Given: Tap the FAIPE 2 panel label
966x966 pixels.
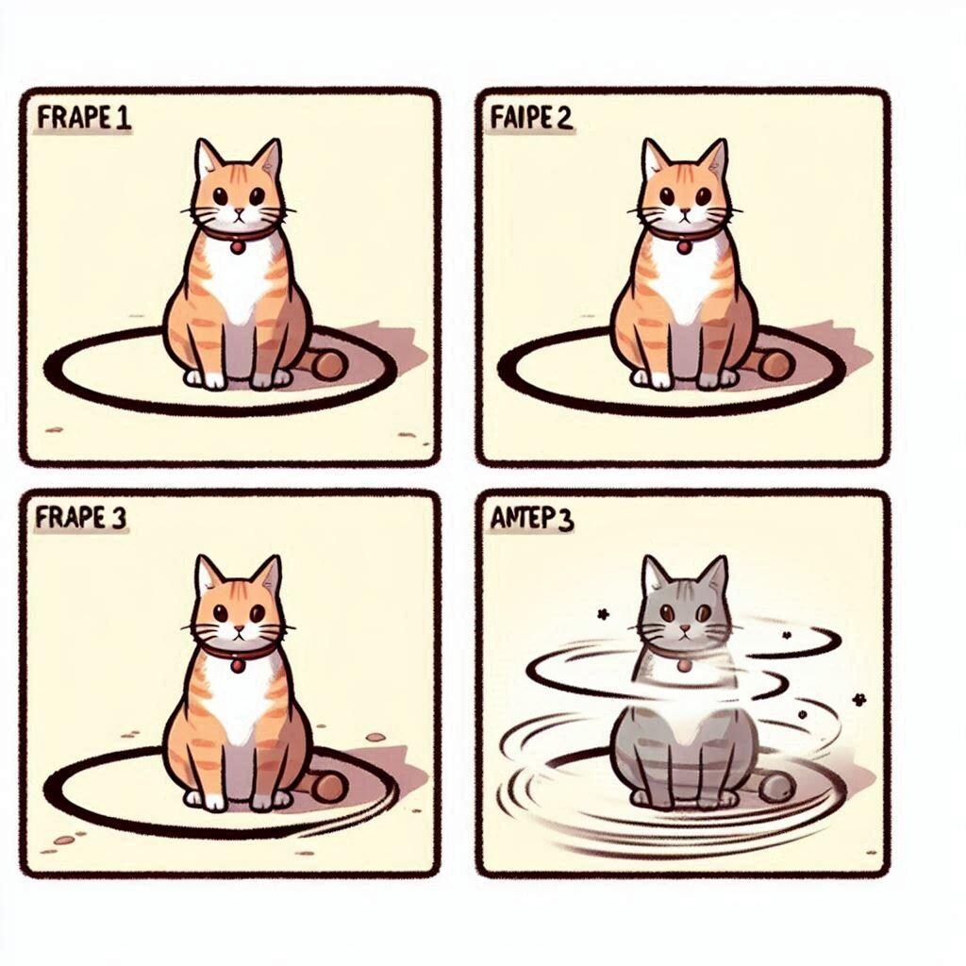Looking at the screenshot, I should [531, 122].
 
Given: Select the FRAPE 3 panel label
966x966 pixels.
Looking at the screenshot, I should [82, 519].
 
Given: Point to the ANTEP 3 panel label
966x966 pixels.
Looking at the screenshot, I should [532, 520].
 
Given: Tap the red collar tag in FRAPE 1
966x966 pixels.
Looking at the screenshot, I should [238, 247].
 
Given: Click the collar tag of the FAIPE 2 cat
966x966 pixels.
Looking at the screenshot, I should [684, 247].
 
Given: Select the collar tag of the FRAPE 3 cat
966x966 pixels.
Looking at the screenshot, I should [238, 666].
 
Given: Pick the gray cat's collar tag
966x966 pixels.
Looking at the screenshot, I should [684, 666].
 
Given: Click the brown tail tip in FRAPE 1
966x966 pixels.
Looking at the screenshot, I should [329, 365].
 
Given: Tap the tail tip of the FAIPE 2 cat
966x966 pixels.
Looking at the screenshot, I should [774, 365].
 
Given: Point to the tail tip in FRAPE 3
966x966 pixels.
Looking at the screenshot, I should [329, 786].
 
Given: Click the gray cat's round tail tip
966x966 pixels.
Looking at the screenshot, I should [776, 786].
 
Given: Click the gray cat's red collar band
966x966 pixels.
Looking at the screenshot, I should [660, 651].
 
